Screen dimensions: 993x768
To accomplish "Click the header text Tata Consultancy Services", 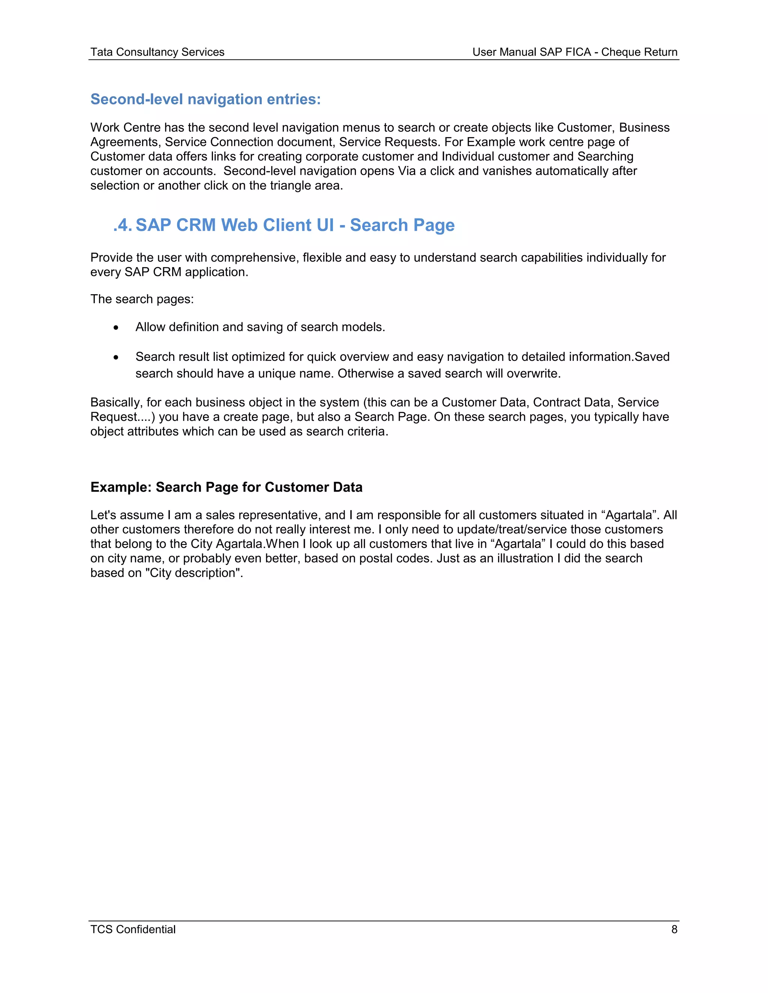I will [157, 52].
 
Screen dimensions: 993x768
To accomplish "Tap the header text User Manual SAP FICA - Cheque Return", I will [574, 52].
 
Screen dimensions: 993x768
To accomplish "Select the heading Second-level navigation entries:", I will [205, 99].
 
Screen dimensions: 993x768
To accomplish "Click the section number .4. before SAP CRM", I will [122, 225].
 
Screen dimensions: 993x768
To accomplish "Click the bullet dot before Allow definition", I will [116, 328].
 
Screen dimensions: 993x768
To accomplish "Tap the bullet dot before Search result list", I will [116, 357].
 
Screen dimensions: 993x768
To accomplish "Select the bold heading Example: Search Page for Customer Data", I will [226, 487].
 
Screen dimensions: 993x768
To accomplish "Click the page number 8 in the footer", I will [674, 929].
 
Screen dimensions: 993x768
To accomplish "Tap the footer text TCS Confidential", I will [133, 929].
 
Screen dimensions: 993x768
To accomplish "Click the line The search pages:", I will [142, 299].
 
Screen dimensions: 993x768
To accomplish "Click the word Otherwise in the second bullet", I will [365, 374].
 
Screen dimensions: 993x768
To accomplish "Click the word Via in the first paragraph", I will [407, 171].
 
